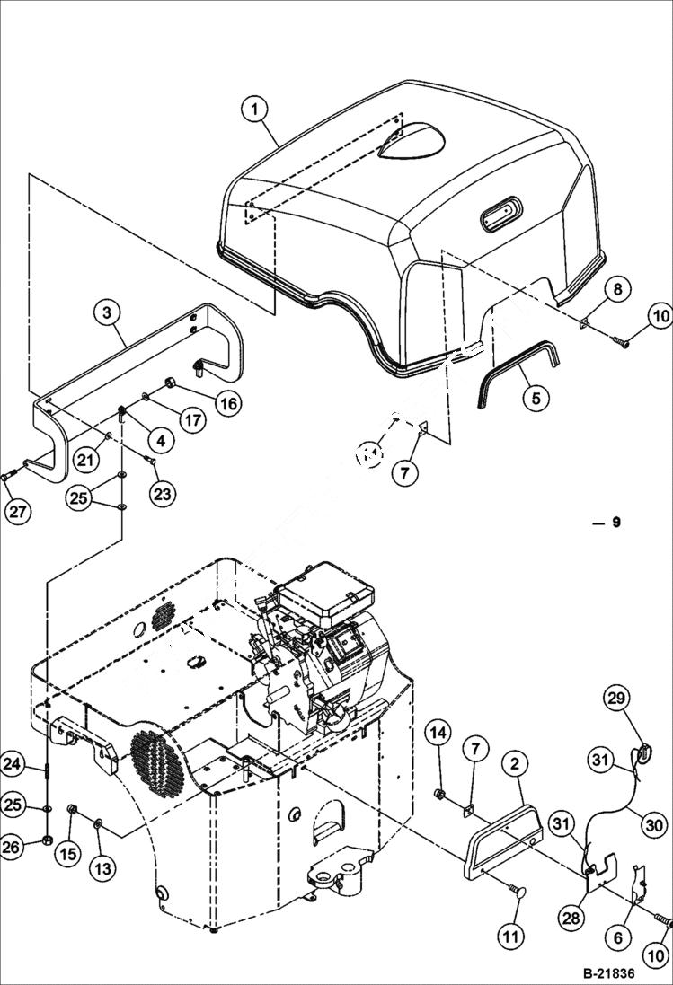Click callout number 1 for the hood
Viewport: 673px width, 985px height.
(256, 110)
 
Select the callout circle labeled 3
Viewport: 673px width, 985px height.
(107, 312)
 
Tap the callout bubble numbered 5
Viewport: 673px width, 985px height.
(536, 396)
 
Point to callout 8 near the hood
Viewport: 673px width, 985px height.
(617, 289)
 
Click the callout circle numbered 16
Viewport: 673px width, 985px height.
(227, 404)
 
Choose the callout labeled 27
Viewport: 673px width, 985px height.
(17, 513)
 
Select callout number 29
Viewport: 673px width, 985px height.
(618, 697)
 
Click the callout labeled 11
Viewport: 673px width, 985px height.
(510, 937)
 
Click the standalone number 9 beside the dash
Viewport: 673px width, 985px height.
(615, 522)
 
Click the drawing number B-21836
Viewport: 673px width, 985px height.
(621, 973)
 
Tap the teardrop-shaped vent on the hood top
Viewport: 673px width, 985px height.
(409, 143)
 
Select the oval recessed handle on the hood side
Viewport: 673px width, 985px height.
(502, 214)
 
